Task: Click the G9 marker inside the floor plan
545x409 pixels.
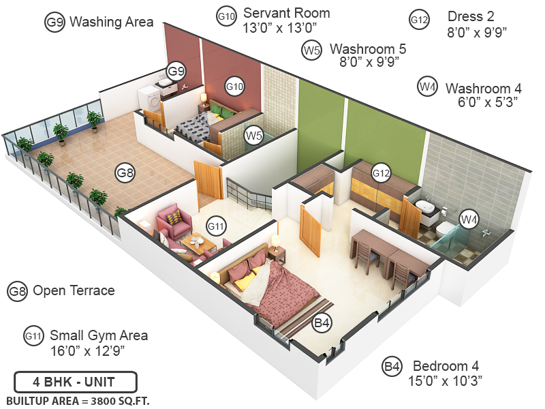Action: pos(176,71)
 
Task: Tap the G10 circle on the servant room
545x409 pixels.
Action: pos(234,87)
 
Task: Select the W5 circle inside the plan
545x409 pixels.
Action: pos(254,136)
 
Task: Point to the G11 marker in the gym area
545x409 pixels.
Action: pos(216,226)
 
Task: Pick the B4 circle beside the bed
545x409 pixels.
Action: pos(322,323)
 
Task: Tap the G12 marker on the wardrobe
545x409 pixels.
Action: pos(381,174)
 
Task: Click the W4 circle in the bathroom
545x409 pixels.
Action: pos(468,219)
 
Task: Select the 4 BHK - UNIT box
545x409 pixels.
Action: pos(76,381)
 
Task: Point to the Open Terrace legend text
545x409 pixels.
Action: pos(74,291)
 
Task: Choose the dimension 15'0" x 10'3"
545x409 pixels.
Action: pos(446,380)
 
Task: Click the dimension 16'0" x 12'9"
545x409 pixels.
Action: pos(87,350)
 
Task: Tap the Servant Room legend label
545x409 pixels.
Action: pos(286,13)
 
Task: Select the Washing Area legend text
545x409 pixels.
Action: pos(112,22)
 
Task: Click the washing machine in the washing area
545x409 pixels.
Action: pos(153,101)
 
